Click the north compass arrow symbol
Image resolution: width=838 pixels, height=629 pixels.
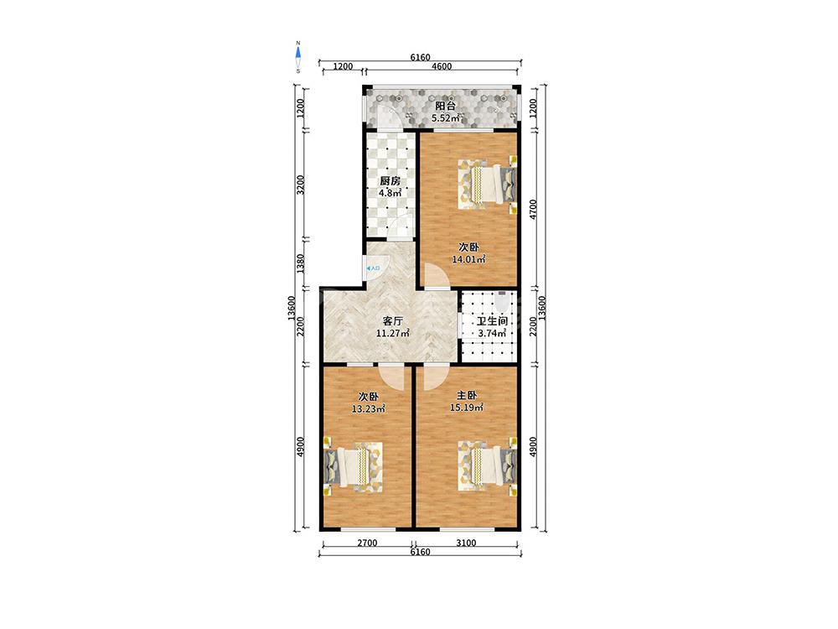[298, 52]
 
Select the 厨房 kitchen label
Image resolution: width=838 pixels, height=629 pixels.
[390, 181]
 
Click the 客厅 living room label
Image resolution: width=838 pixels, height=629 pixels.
[393, 321]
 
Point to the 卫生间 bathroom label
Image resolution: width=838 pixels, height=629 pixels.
[492, 321]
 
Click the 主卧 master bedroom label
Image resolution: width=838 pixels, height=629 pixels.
[467, 396]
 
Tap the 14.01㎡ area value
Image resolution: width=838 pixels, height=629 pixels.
[468, 259]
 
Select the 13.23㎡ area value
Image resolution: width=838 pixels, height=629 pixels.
[368, 408]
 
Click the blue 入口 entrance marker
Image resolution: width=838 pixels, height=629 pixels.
[373, 268]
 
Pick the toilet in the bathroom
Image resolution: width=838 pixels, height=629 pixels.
[501, 301]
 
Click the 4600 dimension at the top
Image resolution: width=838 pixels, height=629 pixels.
[442, 67]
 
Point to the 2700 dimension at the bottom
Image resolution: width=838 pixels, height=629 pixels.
[367, 543]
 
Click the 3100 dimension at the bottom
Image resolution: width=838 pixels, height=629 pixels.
[466, 543]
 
